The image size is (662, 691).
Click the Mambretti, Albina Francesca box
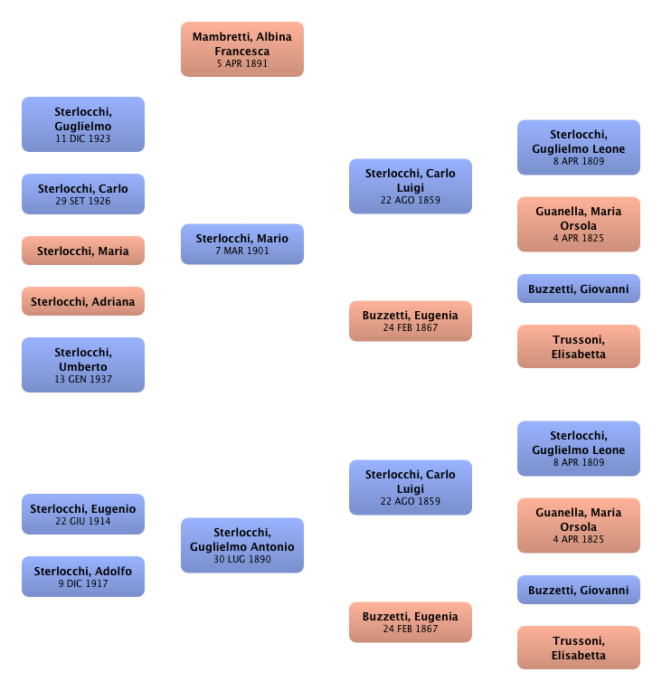[x=242, y=48]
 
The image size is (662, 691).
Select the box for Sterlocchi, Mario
[x=241, y=243]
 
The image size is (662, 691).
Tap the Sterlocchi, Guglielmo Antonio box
[x=241, y=544]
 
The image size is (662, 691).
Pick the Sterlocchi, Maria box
[x=83, y=251]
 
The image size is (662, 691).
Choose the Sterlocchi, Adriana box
[x=83, y=301]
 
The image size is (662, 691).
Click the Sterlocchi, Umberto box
[x=83, y=365]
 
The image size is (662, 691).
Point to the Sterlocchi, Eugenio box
[x=83, y=514]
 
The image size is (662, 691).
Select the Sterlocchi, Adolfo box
[x=83, y=576]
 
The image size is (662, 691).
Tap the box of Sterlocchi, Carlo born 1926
[x=83, y=194]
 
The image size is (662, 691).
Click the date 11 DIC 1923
[x=83, y=139]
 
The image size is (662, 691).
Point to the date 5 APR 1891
[x=242, y=64]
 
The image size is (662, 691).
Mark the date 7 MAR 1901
[x=241, y=251]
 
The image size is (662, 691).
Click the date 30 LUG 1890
[x=241, y=559]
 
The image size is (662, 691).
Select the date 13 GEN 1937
[x=83, y=379]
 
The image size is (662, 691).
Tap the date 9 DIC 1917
[x=83, y=583]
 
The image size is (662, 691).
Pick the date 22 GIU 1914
[x=83, y=521]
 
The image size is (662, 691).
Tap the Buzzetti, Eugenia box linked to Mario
[x=411, y=321]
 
